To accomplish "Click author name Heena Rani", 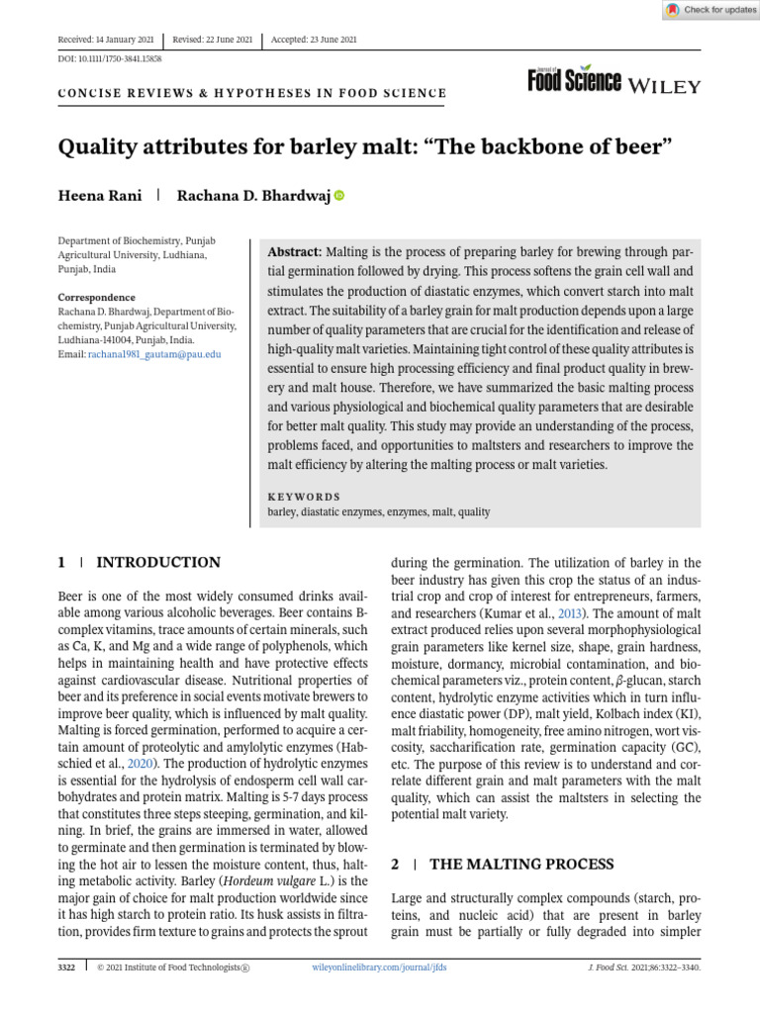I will pyautogui.click(x=100, y=196).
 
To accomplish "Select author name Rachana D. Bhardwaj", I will pyautogui.click(x=252, y=196).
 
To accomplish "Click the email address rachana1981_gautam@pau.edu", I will pyautogui.click(x=153, y=353).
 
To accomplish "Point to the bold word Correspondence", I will pyautogui.click(x=97, y=297).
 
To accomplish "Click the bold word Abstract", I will pyautogui.click(x=296, y=252).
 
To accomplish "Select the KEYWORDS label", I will pyautogui.click(x=304, y=497).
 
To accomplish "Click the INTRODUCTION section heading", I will pyautogui.click(x=158, y=563).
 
